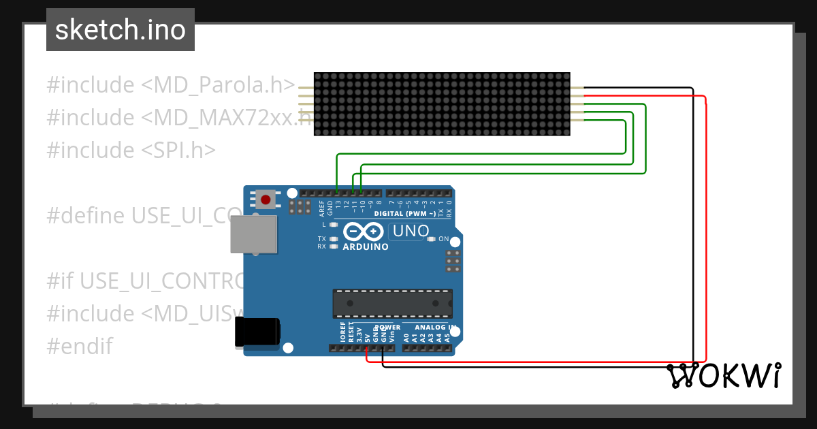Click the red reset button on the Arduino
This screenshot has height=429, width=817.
[266, 200]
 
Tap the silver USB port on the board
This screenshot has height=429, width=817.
[253, 235]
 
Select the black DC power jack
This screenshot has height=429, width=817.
[257, 332]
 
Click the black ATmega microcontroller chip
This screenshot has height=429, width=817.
[392, 304]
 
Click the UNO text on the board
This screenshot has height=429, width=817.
[411, 231]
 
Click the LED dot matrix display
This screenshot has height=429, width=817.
[442, 104]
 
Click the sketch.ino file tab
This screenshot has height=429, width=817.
[121, 30]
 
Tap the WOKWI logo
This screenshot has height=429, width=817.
[724, 376]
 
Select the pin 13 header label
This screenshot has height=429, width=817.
[338, 203]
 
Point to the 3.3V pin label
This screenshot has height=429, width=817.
[359, 334]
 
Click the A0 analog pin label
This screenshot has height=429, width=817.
[406, 336]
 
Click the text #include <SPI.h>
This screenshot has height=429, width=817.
[131, 150]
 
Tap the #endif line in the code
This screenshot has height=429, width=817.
[79, 346]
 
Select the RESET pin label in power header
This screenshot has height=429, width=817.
[351, 333]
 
